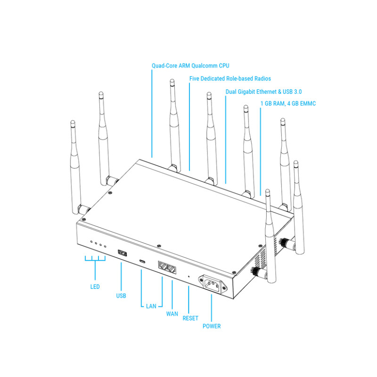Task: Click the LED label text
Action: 95,287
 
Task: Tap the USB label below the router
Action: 121,296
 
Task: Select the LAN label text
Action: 151,306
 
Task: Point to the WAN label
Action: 172,314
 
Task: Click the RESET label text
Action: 190,319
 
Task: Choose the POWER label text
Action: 212,326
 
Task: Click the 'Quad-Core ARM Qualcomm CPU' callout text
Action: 190,66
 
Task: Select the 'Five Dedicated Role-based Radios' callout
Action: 230,79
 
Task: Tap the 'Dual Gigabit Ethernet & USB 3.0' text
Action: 263,91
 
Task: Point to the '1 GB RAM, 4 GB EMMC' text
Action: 288,103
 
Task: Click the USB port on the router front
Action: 123,253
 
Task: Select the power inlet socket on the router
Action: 212,284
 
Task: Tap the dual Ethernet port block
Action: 167,267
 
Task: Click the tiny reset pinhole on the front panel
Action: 188,277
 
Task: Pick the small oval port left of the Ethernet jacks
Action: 142,261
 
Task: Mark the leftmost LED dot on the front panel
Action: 91,241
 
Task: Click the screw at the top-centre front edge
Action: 159,246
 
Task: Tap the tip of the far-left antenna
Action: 73,122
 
